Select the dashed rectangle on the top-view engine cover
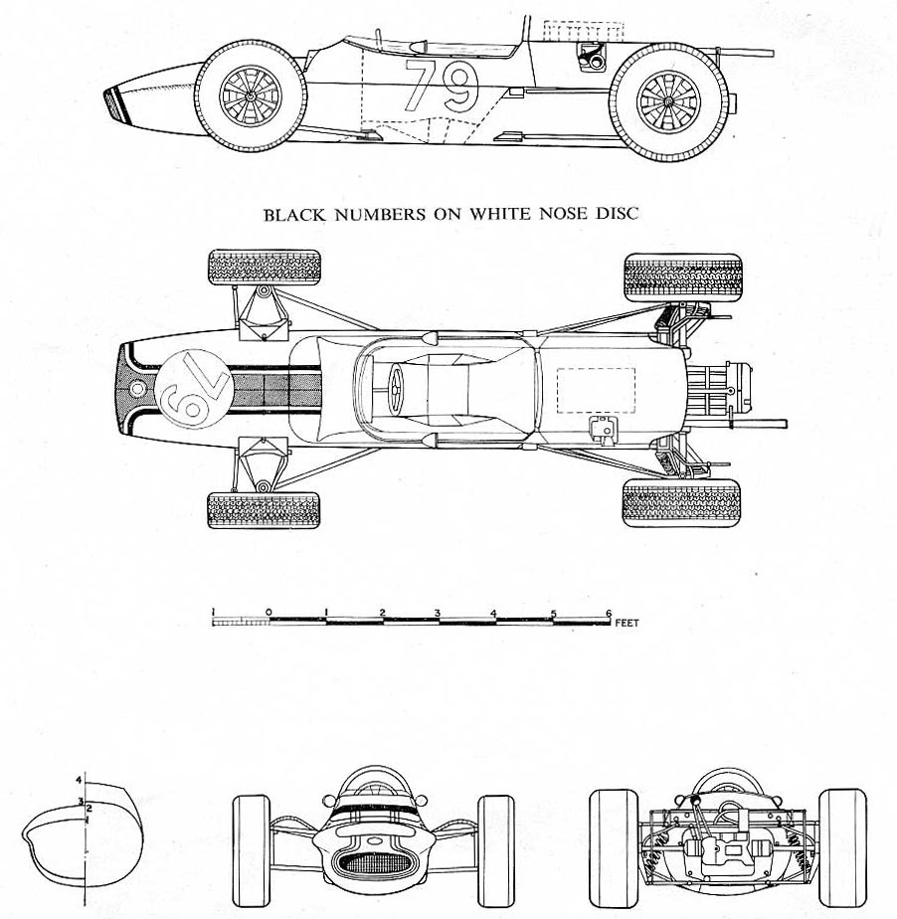point(595,390)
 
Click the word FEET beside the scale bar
point(628,623)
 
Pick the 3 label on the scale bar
point(439,611)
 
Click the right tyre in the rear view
point(843,837)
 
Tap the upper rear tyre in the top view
point(682,276)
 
